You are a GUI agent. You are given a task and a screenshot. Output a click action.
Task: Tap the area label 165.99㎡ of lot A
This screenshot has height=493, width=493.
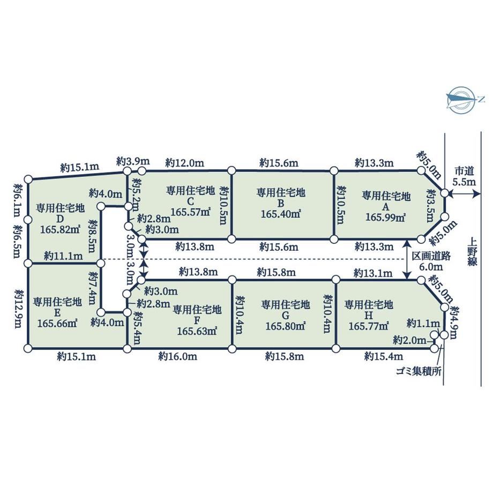[385, 218]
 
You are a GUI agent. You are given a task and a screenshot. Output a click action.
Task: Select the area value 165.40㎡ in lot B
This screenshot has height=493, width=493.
[281, 214]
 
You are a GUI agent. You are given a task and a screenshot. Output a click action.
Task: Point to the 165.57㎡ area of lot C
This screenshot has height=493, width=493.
[190, 212]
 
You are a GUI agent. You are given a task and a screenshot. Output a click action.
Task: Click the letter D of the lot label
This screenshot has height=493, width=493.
[60, 219]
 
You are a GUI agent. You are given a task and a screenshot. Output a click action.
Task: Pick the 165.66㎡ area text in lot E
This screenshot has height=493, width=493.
[57, 323]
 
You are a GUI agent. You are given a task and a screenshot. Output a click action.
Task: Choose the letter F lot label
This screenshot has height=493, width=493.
[197, 320]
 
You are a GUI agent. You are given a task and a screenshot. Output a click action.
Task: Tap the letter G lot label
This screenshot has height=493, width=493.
[285, 315]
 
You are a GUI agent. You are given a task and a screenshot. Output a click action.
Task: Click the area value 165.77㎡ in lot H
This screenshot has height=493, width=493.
[369, 326]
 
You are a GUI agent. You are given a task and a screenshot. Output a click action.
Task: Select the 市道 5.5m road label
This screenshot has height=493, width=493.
[465, 176]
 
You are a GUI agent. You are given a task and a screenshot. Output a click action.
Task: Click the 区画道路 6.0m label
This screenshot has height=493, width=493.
[431, 262]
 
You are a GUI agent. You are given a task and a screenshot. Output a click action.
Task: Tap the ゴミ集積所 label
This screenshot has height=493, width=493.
[419, 371]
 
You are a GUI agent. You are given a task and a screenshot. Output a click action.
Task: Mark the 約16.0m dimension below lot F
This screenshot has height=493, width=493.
[178, 356]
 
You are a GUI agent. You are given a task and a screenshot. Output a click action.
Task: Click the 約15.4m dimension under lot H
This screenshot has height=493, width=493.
[384, 356]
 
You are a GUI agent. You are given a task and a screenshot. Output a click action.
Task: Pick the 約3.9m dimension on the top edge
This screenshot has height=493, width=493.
[133, 161]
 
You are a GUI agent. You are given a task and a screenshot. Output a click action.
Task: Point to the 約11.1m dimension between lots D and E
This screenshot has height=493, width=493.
[64, 256]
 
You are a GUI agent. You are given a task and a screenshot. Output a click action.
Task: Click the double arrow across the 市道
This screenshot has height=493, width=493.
[462, 195]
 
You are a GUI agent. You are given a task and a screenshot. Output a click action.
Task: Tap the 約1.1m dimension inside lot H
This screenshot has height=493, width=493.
[423, 323]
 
